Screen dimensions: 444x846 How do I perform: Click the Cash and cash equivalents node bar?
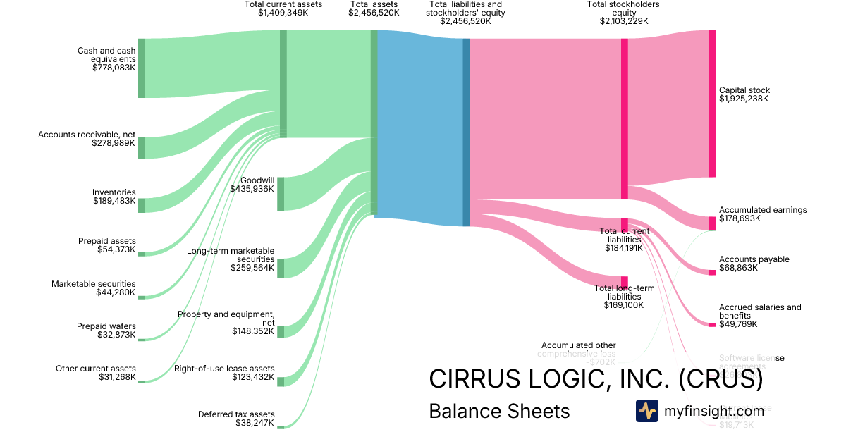pyautogui.click(x=141, y=68)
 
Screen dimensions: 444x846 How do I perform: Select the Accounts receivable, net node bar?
pyautogui.click(x=141, y=148)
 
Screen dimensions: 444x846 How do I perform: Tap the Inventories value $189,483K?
pyautogui.click(x=114, y=201)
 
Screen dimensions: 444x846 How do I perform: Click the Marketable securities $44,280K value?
pyautogui.click(x=116, y=292)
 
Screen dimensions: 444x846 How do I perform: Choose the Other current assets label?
pyautogui.click(x=96, y=369)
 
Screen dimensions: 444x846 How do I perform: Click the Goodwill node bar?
pyautogui.click(x=281, y=194)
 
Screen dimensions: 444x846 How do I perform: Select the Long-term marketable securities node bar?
pyautogui.click(x=281, y=268)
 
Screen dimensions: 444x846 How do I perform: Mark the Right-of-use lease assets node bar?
pyautogui.click(x=281, y=381)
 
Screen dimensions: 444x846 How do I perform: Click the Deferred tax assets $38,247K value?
pyautogui.click(x=255, y=423)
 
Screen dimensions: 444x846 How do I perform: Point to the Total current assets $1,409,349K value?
pyautogui.click(x=283, y=13)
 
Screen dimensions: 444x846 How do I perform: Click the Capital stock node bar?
pyautogui.click(x=712, y=104)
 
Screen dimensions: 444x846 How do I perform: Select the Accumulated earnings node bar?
pyautogui.click(x=712, y=223)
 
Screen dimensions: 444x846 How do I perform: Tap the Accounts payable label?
pyautogui.click(x=754, y=259)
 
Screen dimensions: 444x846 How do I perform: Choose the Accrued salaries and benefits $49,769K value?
pyautogui.click(x=738, y=324)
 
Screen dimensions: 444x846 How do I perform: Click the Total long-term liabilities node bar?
pyautogui.click(x=624, y=283)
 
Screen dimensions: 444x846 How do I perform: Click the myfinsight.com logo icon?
pyautogui.click(x=646, y=411)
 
